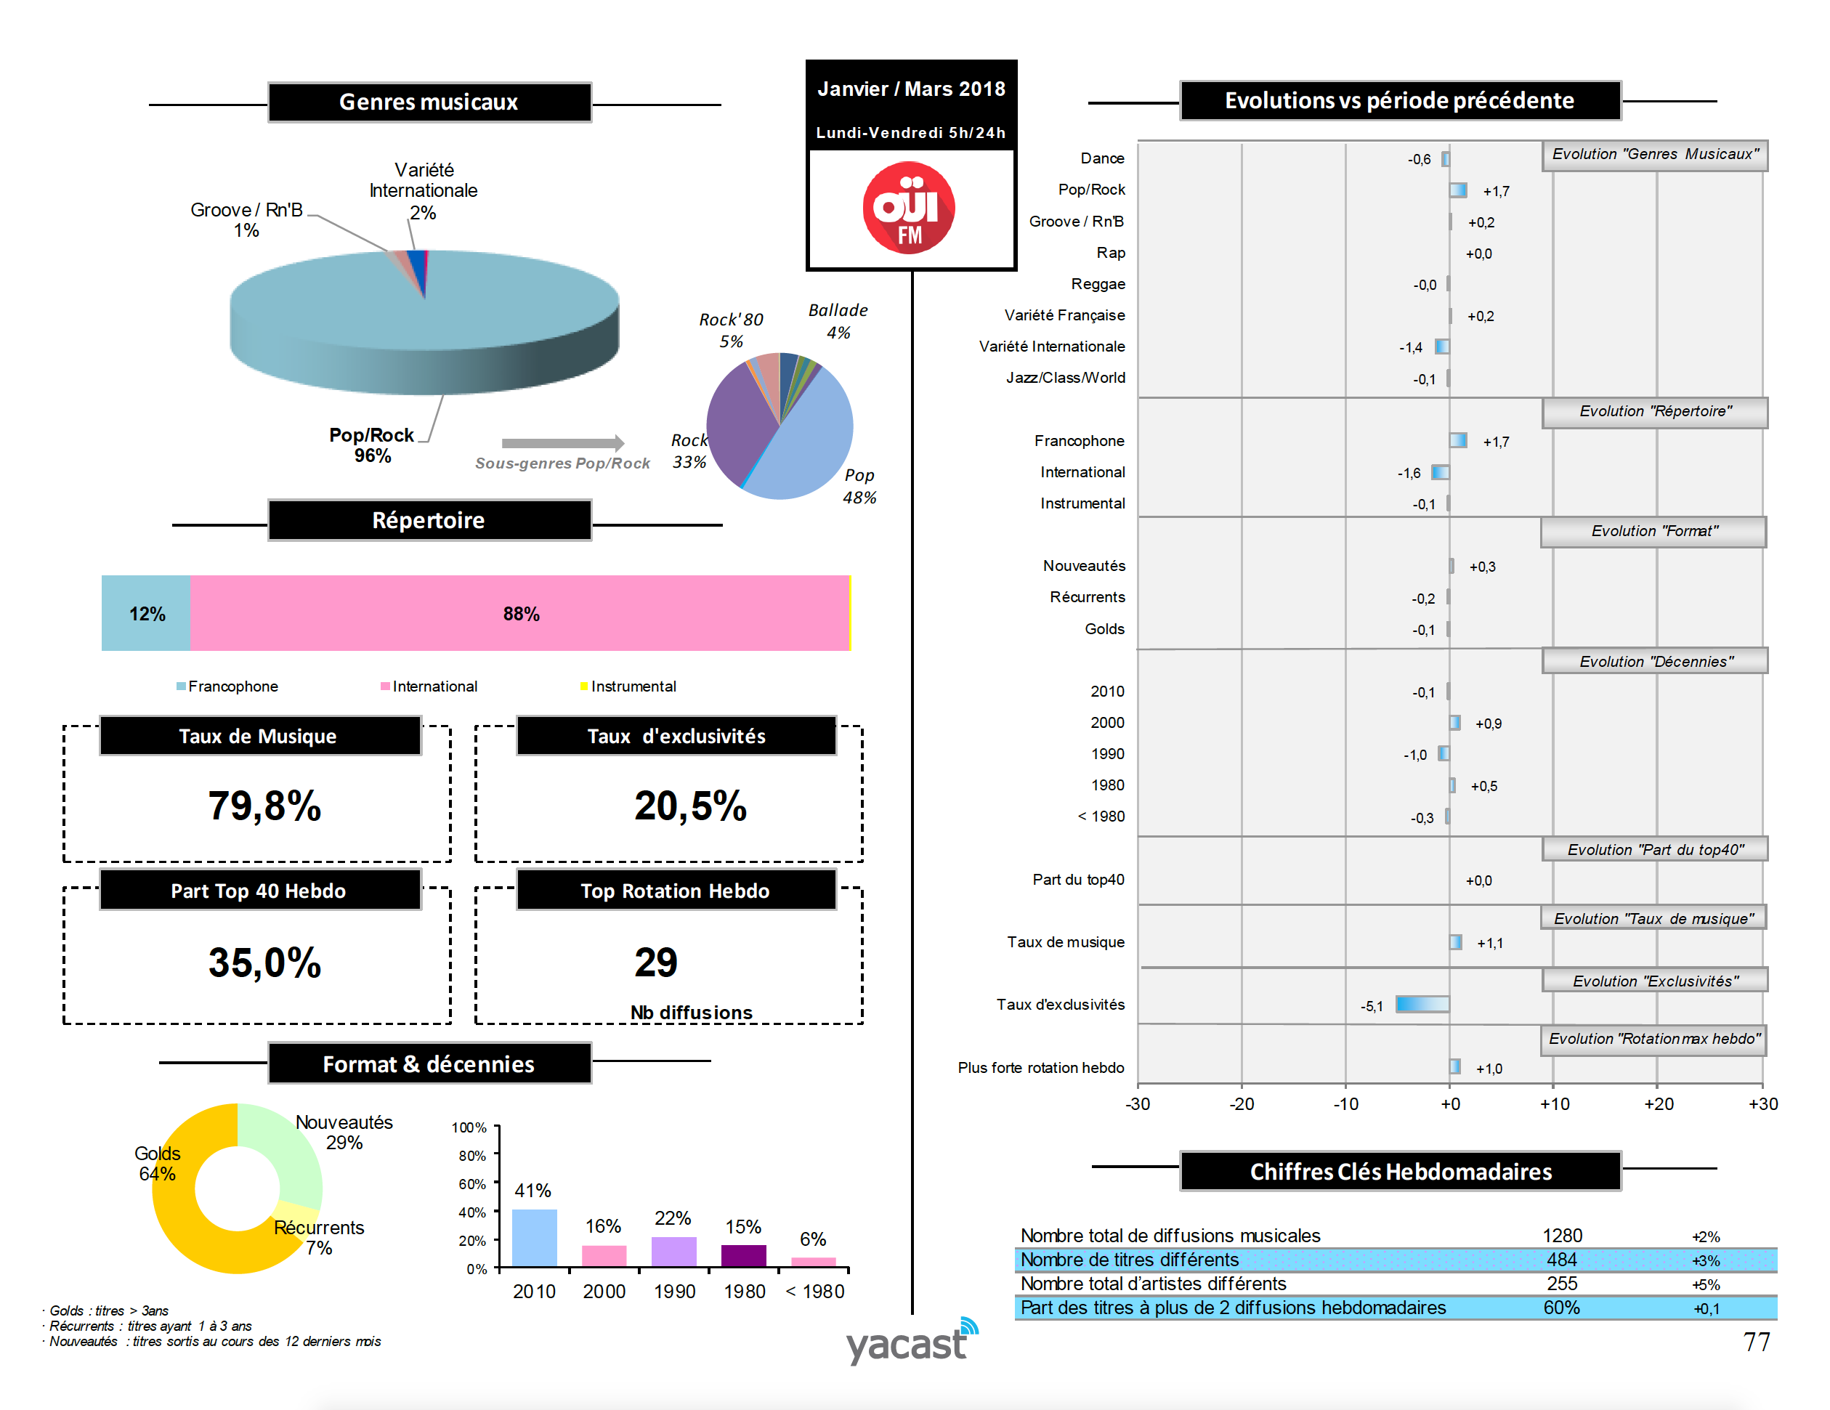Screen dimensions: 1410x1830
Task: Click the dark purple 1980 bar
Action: click(x=743, y=1255)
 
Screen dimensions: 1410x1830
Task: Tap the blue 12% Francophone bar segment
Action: click(x=146, y=613)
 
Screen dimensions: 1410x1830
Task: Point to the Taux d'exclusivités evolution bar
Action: click(x=1422, y=1004)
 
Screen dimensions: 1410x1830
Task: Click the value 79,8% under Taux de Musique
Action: click(x=264, y=805)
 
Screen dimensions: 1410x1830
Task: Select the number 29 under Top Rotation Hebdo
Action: click(x=655, y=962)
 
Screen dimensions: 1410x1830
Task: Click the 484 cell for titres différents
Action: click(x=1561, y=1259)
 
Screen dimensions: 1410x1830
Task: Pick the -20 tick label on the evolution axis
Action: click(x=1241, y=1103)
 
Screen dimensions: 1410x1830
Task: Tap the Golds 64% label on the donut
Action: click(x=157, y=1163)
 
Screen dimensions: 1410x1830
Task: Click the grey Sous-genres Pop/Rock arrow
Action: click(x=562, y=443)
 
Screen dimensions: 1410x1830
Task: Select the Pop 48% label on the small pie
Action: click(x=859, y=486)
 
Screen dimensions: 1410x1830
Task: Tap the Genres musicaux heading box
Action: click(x=429, y=102)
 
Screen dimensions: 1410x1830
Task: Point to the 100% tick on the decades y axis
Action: click(x=469, y=1127)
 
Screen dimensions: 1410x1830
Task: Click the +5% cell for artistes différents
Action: click(x=1705, y=1284)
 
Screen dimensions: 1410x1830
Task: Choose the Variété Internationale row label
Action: click(x=1052, y=346)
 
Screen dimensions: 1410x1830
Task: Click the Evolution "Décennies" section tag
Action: click(x=1655, y=661)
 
